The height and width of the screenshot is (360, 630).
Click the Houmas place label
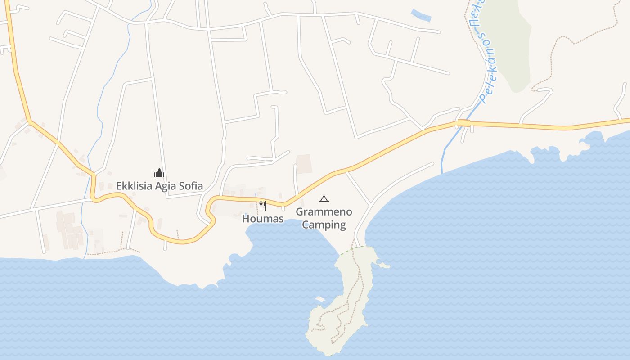pyautogui.click(x=263, y=219)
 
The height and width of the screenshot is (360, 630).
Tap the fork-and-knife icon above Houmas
pyautogui.click(x=263, y=206)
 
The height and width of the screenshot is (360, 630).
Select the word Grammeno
pyautogui.click(x=324, y=212)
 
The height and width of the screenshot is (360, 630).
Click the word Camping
pyautogui.click(x=324, y=225)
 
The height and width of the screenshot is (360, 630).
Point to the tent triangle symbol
pyautogui.click(x=324, y=199)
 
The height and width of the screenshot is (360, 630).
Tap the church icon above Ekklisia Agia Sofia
pyautogui.click(x=159, y=173)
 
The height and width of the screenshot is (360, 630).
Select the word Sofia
pyautogui.click(x=189, y=186)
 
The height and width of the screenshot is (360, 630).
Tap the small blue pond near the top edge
pyautogui.click(x=421, y=16)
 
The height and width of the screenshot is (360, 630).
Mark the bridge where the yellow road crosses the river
pyautogui.click(x=464, y=123)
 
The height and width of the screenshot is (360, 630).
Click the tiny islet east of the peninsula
pyautogui.click(x=384, y=266)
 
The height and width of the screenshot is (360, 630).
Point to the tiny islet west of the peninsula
pyautogui.click(x=320, y=299)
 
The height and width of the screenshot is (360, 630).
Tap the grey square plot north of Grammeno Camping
pyautogui.click(x=304, y=164)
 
